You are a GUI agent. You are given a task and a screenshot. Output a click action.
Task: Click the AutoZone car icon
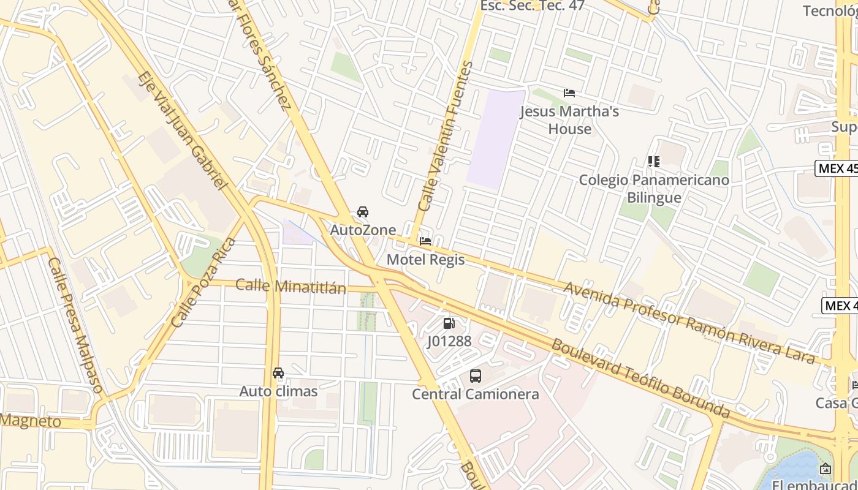363,212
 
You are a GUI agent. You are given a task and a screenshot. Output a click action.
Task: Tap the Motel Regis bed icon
425,241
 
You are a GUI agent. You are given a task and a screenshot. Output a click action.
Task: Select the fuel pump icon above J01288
449,323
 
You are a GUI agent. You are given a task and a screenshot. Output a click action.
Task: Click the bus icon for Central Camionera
476,376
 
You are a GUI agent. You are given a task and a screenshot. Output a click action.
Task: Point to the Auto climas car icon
278,373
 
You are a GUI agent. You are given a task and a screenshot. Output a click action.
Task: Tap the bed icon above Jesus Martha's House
569,93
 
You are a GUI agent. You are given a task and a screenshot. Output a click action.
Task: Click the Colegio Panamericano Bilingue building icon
654,162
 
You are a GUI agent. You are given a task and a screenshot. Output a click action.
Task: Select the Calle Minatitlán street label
290,286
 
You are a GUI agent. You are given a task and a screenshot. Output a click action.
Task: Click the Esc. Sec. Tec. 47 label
532,6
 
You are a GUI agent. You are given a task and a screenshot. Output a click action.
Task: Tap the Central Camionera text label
476,394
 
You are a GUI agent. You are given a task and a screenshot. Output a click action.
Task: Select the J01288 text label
449,341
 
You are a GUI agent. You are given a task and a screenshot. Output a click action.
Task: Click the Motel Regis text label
425,260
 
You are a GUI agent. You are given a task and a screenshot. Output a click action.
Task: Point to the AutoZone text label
363,230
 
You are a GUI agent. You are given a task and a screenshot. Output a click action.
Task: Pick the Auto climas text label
278,391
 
